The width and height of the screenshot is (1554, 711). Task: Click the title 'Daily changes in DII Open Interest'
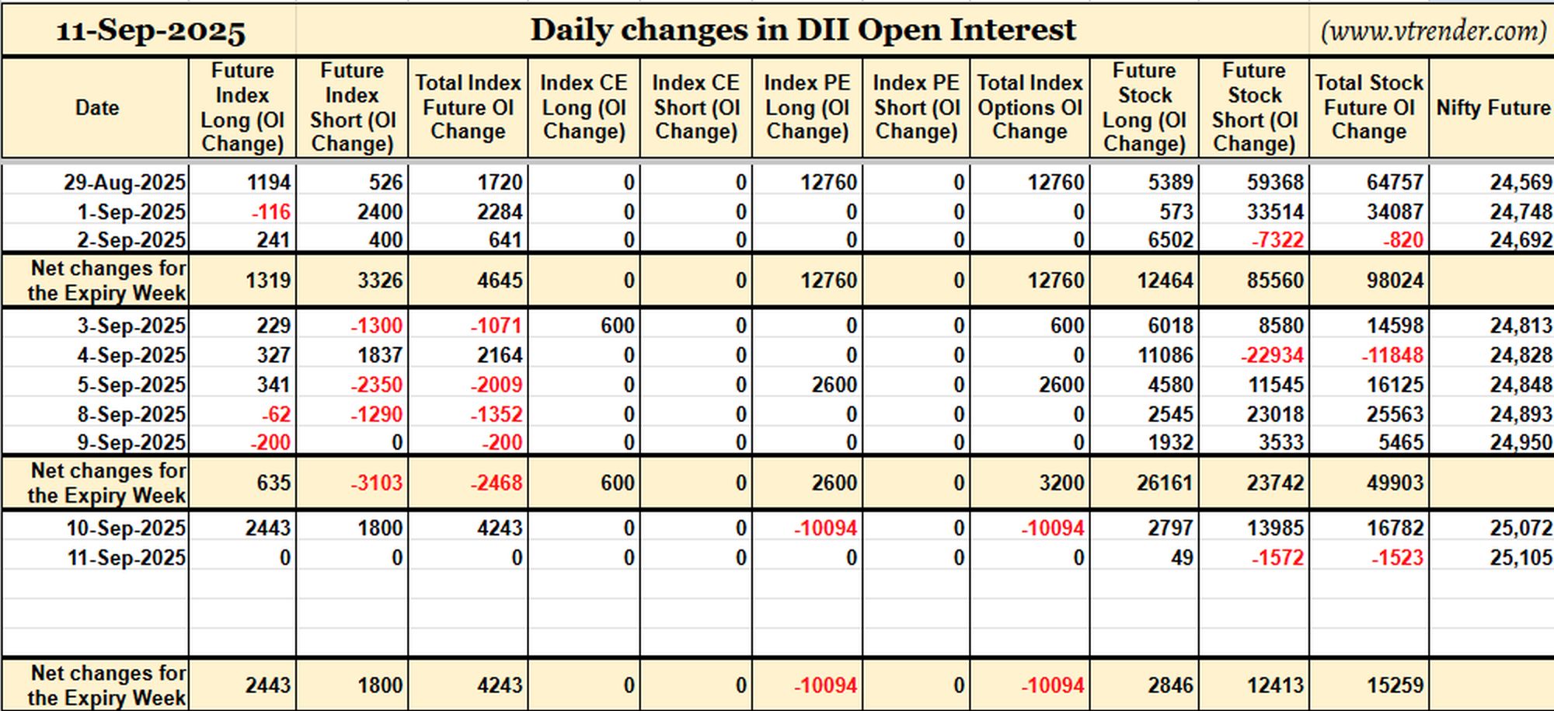pyautogui.click(x=803, y=30)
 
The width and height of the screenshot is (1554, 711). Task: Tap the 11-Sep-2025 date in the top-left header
pyautogui.click(x=151, y=31)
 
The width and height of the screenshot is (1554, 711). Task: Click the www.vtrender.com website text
pyautogui.click(x=1434, y=30)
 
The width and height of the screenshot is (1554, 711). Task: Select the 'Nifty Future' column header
pyautogui.click(x=1493, y=107)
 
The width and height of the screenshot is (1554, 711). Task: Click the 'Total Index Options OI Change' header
pyautogui.click(x=1030, y=107)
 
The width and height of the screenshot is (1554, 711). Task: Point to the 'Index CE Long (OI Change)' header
pyautogui.click(x=584, y=107)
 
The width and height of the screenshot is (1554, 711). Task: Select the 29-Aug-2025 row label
pyautogui.click(x=124, y=183)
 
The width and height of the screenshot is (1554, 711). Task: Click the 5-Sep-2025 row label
pyautogui.click(x=131, y=385)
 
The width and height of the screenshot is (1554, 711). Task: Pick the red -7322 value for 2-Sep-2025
pyautogui.click(x=1277, y=240)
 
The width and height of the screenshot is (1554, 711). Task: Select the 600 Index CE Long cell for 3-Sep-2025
pyautogui.click(x=617, y=326)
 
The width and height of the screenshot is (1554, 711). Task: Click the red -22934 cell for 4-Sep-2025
pyautogui.click(x=1272, y=355)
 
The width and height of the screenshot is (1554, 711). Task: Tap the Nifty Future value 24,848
pyautogui.click(x=1521, y=385)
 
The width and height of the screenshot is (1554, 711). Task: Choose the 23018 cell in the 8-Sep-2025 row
pyautogui.click(x=1275, y=414)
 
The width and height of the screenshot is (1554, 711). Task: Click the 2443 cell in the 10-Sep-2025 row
pyautogui.click(x=268, y=528)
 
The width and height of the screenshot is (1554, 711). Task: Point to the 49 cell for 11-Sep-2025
pyautogui.click(x=1182, y=558)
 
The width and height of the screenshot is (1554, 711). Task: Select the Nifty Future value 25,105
pyautogui.click(x=1521, y=558)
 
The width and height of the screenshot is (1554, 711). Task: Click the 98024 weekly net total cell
pyautogui.click(x=1395, y=281)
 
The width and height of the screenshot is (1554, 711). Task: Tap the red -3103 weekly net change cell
pyautogui.click(x=376, y=483)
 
